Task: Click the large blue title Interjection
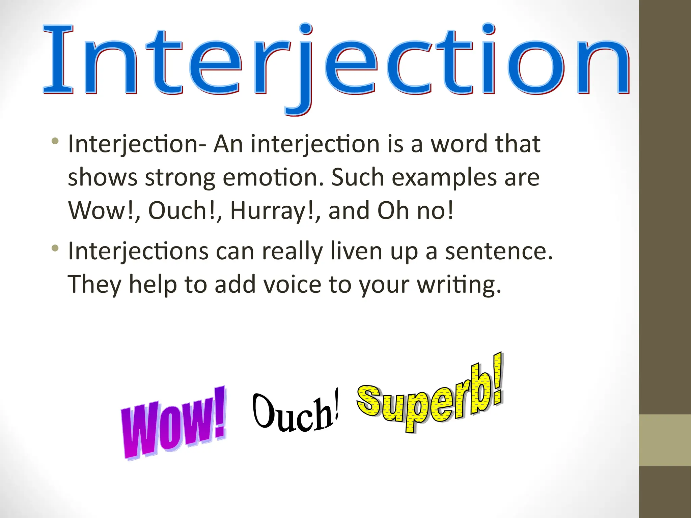[x=336, y=61]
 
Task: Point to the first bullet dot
[x=55, y=141]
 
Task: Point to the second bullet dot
[x=55, y=249]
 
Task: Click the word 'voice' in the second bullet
[x=292, y=284]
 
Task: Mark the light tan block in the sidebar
[x=665, y=440]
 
